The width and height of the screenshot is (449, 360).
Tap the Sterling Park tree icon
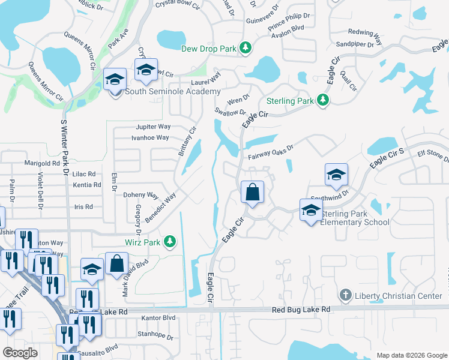(323, 100)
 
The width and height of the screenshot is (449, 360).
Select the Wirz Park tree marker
(170, 242)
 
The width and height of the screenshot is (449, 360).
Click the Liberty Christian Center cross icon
(345, 295)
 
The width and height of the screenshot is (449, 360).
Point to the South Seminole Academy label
(173, 91)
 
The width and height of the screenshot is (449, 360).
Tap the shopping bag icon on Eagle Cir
(253, 193)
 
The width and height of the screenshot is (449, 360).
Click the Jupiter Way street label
(153, 127)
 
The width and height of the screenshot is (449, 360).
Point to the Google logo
(20, 353)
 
